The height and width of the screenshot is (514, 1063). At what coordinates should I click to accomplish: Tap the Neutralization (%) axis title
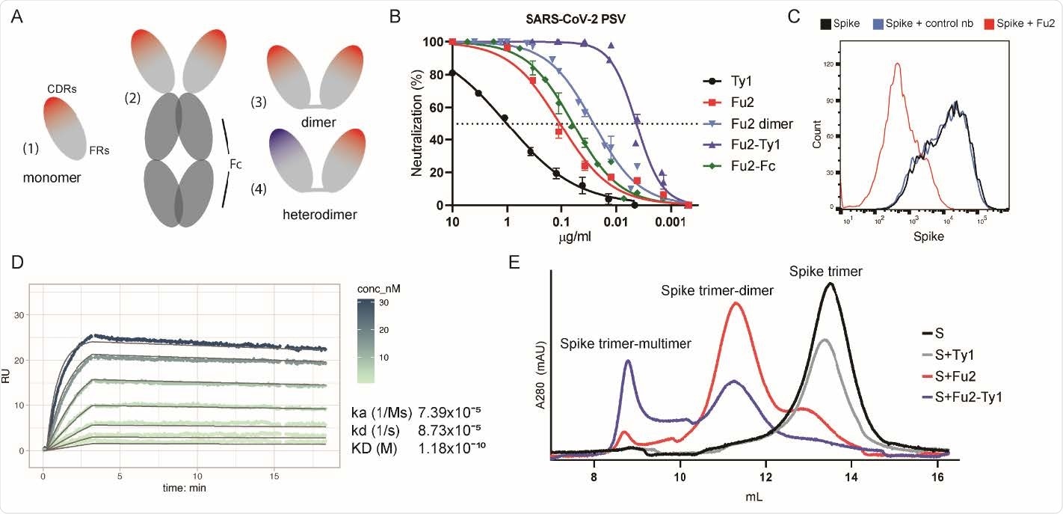click(418, 123)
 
